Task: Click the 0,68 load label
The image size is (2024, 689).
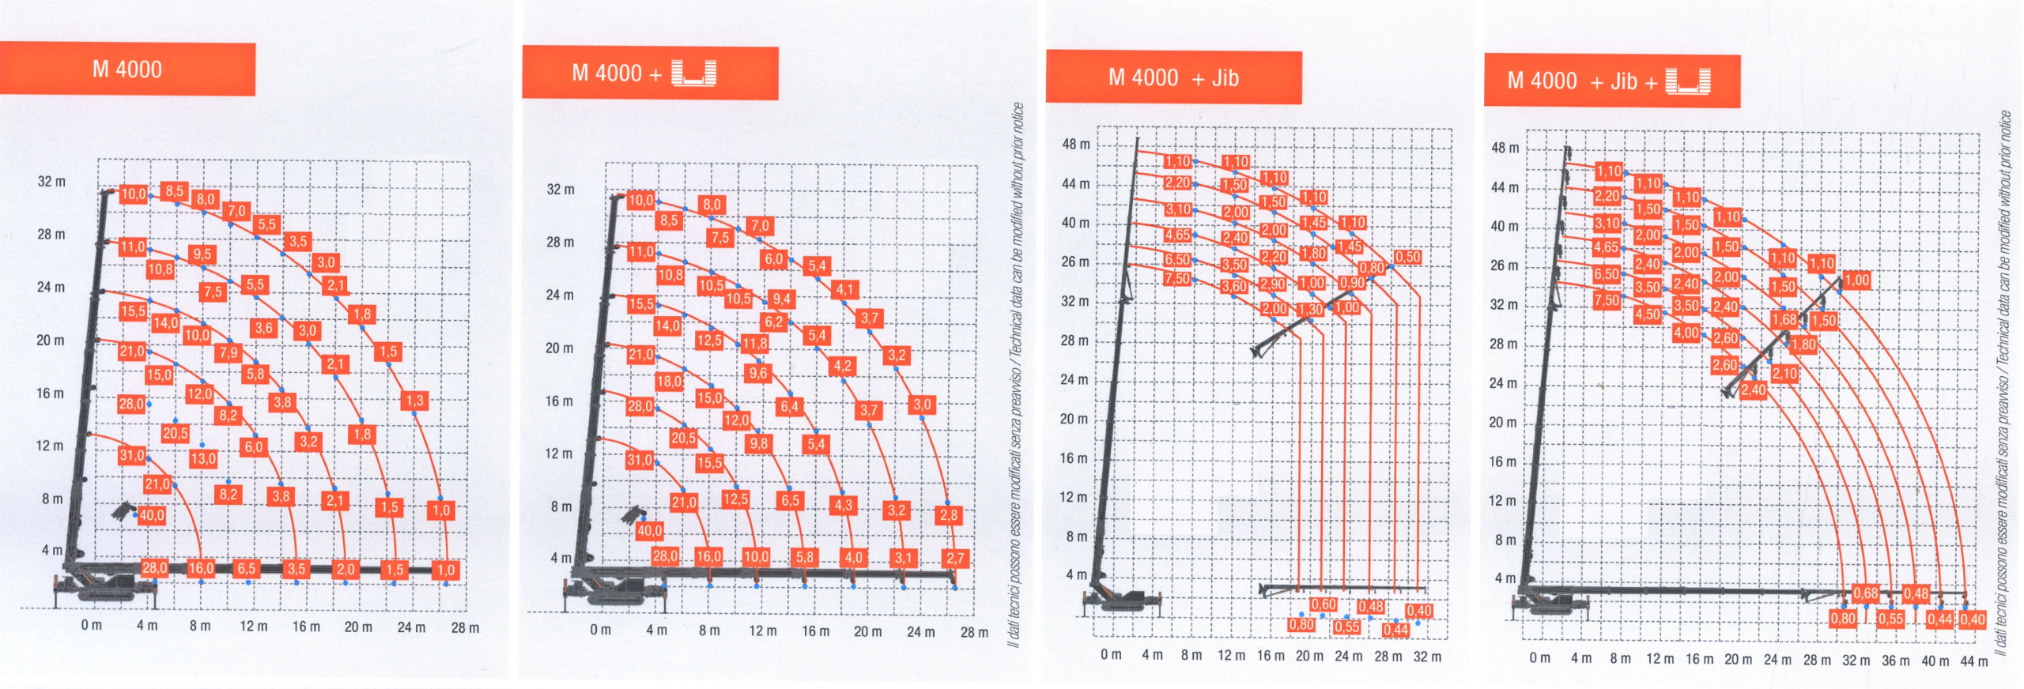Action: pos(1865,593)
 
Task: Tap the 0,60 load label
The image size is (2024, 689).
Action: pos(1324,604)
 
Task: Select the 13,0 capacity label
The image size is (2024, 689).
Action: pos(203,458)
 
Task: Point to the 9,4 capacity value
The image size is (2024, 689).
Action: pos(782,299)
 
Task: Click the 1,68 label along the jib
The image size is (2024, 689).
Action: pos(1784,320)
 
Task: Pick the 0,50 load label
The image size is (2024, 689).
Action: pos(1407,257)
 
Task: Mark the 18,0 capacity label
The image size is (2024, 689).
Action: pos(669,381)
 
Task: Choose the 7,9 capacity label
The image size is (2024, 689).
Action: pos(228,352)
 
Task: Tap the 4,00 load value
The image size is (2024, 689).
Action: pos(1686,333)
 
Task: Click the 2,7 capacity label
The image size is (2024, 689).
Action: pos(955,558)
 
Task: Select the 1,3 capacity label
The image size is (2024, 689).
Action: pos(414,401)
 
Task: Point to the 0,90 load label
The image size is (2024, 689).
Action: pos(1352,283)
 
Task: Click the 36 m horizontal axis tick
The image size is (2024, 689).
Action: pos(1894,660)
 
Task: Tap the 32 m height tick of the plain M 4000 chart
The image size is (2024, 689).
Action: pos(51,182)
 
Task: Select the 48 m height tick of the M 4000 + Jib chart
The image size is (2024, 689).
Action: pos(1075,145)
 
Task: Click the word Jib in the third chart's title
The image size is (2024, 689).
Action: pos(1225,78)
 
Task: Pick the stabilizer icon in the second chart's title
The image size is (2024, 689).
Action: pos(693,73)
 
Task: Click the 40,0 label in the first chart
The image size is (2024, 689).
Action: pos(151,516)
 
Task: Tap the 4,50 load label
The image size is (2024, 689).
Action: pos(1647,314)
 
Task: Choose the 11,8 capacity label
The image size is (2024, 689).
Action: pos(755,344)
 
